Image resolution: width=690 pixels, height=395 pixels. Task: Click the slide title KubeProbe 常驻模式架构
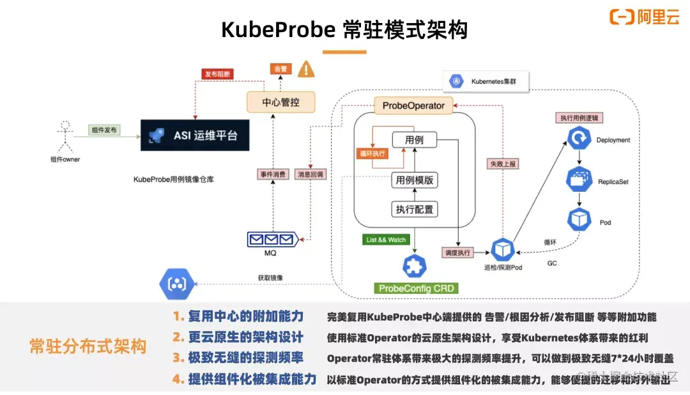click(x=344, y=29)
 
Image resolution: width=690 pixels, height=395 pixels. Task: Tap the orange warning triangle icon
click(x=307, y=68)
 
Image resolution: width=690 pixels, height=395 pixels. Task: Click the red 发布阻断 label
click(x=218, y=74)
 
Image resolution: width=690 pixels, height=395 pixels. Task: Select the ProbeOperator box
click(x=413, y=105)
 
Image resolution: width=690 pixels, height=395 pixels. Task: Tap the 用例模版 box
click(x=415, y=180)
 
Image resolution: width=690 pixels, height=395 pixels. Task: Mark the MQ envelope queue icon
click(x=272, y=240)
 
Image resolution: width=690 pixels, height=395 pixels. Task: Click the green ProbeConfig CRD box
click(x=416, y=288)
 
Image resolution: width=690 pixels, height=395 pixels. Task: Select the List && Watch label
click(x=386, y=240)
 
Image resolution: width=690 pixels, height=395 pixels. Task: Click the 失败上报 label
click(x=503, y=164)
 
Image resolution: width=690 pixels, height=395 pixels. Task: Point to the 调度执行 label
click(x=458, y=252)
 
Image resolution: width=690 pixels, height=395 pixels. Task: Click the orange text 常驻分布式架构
click(x=88, y=346)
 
